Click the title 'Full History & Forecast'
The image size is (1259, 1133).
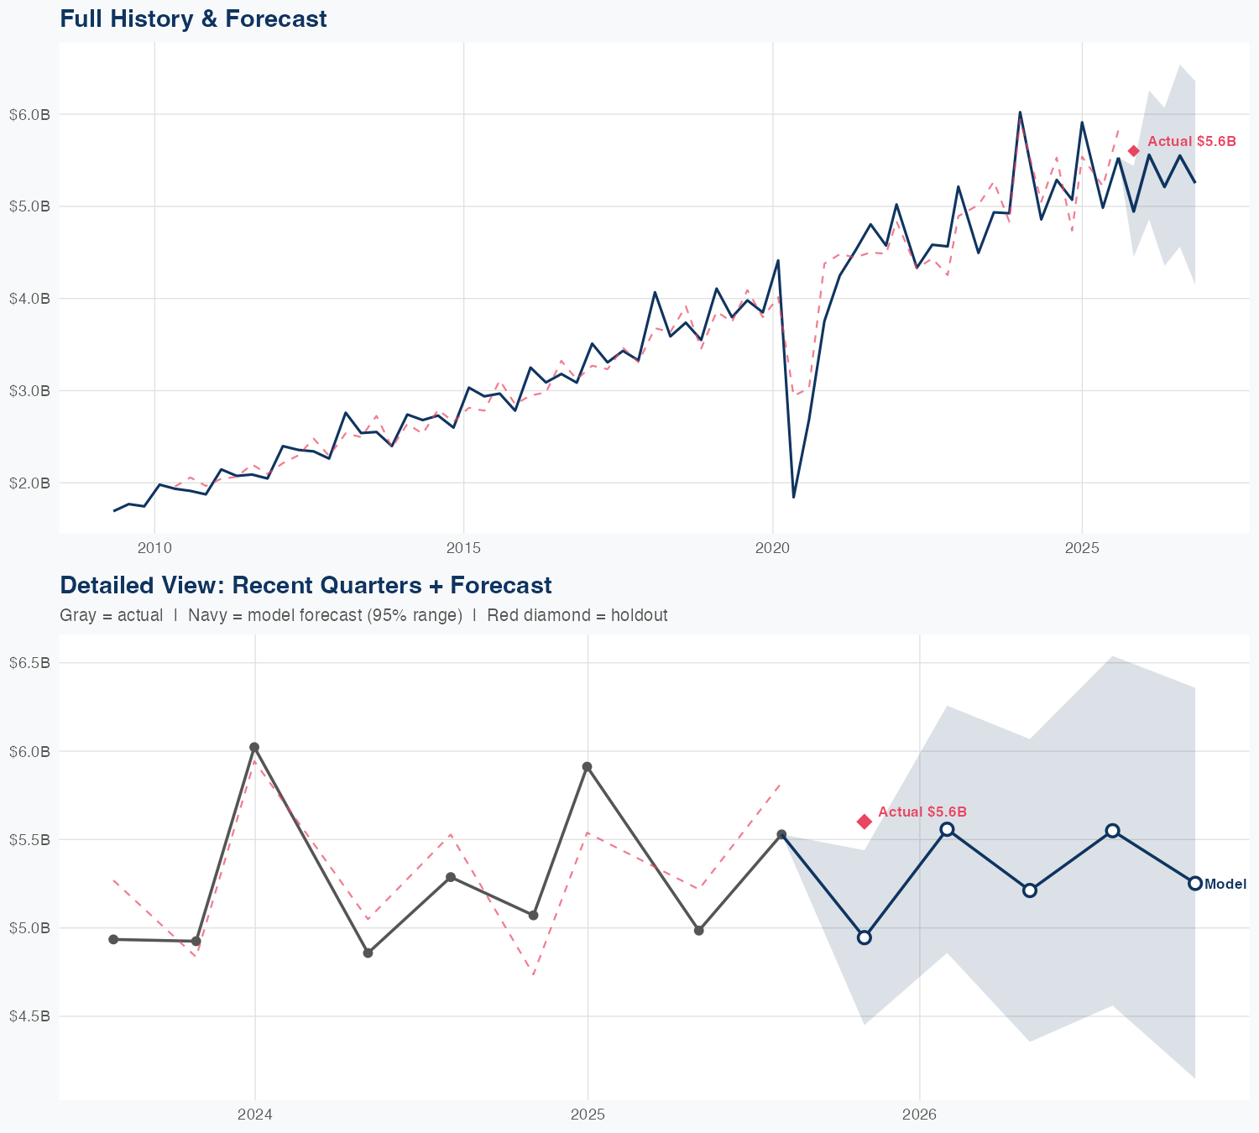pyautogui.click(x=193, y=18)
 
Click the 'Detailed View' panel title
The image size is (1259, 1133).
pyautogui.click(x=306, y=585)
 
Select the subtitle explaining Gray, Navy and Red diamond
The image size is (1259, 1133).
pyautogui.click(x=363, y=615)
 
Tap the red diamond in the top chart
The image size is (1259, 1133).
pyautogui.click(x=1133, y=151)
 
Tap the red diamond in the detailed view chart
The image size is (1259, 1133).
pyautogui.click(x=865, y=821)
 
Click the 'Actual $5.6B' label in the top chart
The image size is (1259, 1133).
pyautogui.click(x=1191, y=142)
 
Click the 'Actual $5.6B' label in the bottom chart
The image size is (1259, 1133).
pyautogui.click(x=922, y=812)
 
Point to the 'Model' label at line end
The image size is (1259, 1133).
pyautogui.click(x=1225, y=884)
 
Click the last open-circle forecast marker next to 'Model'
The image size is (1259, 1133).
pyautogui.click(x=1195, y=883)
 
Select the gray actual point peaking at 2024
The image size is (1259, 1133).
pyautogui.click(x=254, y=747)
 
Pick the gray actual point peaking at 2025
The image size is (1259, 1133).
pyautogui.click(x=588, y=766)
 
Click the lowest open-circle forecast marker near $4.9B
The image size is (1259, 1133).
pyautogui.click(x=865, y=937)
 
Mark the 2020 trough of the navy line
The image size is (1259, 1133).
pyautogui.click(x=793, y=497)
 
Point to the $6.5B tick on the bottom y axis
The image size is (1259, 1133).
pyautogui.click(x=29, y=663)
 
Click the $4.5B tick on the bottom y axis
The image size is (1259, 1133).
pyautogui.click(x=29, y=1016)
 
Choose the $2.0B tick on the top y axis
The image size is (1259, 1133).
pyautogui.click(x=29, y=483)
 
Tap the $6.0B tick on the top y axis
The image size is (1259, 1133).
pyautogui.click(x=29, y=114)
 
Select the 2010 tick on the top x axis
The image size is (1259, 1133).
pyautogui.click(x=154, y=548)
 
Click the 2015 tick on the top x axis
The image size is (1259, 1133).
pyautogui.click(x=463, y=548)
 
